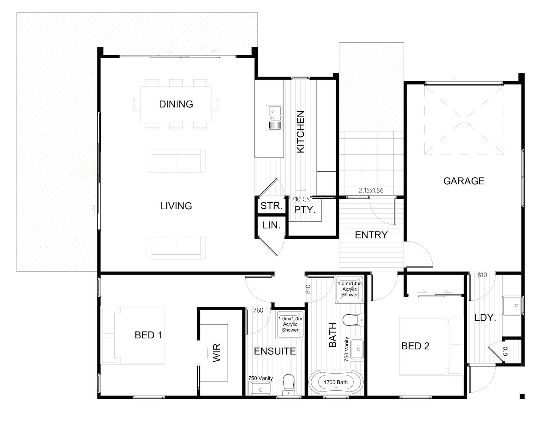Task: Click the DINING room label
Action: click(176, 104)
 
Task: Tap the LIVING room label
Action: click(176, 206)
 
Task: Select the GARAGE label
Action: click(464, 181)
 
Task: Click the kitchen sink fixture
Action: click(274, 118)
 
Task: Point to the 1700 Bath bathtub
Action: click(336, 382)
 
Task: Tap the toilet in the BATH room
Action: click(353, 320)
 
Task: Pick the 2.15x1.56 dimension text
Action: click(371, 191)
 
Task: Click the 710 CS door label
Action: click(300, 199)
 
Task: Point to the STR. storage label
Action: click(272, 206)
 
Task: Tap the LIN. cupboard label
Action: click(272, 225)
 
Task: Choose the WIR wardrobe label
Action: click(217, 353)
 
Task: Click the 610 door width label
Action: click(505, 351)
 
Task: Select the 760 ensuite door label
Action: click(258, 310)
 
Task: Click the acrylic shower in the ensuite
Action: click(290, 324)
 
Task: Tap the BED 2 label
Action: click(415, 346)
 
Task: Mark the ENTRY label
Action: click(371, 235)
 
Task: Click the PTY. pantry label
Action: click(305, 210)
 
